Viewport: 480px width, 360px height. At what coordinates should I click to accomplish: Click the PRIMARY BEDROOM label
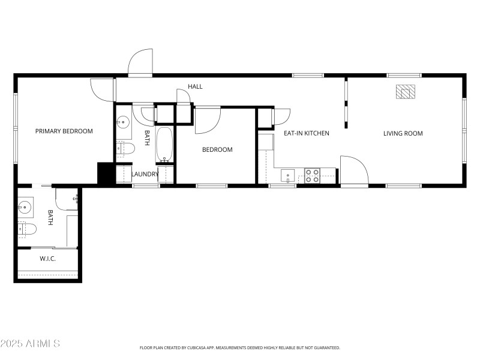[64, 131]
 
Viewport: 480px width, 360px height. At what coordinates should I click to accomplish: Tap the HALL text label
[195, 87]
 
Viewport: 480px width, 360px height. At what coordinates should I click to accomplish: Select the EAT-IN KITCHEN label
[306, 133]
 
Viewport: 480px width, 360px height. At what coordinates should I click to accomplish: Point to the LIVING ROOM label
[403, 133]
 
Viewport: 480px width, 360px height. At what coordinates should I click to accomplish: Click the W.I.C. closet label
[48, 259]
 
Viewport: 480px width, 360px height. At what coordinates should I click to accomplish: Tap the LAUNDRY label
[145, 175]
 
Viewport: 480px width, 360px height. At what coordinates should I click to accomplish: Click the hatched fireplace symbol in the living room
[406, 92]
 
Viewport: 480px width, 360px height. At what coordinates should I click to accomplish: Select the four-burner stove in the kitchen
[312, 175]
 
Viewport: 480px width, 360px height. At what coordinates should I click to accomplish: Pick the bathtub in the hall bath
[165, 144]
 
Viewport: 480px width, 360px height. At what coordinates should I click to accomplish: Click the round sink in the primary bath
[25, 208]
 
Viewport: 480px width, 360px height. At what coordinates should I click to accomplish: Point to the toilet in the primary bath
[28, 228]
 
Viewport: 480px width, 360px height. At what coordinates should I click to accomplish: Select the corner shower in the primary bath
[67, 199]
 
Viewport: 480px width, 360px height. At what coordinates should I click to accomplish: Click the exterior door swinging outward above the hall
[140, 63]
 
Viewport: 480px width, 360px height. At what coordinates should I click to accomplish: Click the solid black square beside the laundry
[106, 173]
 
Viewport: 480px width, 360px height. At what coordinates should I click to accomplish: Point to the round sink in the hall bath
[123, 123]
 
